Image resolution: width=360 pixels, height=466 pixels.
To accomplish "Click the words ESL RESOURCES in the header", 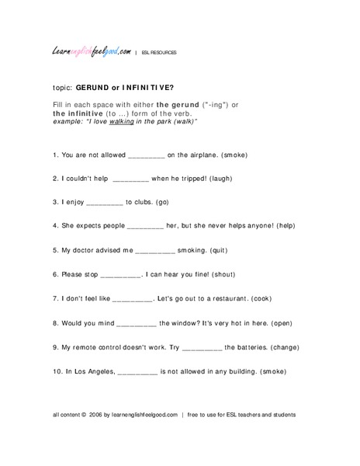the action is (159, 53).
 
